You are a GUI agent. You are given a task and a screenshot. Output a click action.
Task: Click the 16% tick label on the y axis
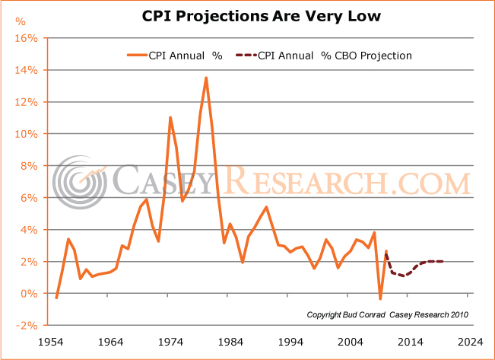click(28, 38)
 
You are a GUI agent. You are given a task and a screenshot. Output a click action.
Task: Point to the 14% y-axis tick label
click(28, 70)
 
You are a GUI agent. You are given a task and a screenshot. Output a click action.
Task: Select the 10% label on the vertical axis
click(28, 134)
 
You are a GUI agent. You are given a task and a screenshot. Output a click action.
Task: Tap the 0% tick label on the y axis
click(31, 294)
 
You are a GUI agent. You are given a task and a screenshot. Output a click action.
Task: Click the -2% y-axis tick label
click(29, 326)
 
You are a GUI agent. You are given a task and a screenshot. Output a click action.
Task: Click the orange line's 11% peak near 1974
click(170, 117)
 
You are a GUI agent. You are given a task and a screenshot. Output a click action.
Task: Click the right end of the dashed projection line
click(443, 261)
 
